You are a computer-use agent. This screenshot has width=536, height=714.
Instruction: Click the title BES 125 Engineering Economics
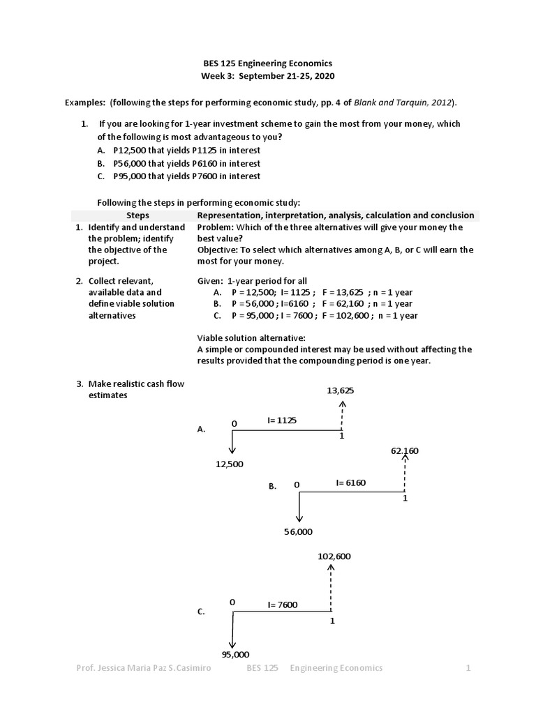[269, 62]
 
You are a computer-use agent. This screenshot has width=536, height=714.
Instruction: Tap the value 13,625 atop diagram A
[341, 390]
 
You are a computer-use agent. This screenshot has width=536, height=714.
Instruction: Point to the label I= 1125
[282, 420]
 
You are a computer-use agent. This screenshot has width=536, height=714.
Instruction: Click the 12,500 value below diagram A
[230, 464]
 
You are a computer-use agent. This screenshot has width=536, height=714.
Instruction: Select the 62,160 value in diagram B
[405, 451]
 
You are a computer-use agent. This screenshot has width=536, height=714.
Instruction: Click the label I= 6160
[350, 482]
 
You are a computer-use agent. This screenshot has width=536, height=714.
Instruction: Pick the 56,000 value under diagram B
[299, 532]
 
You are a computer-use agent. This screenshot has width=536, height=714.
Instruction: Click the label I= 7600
[282, 605]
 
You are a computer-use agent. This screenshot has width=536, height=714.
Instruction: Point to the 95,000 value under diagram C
[235, 654]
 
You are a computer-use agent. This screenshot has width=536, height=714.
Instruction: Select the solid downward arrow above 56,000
[299, 507]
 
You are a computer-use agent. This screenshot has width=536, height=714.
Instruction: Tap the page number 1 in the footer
[469, 668]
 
